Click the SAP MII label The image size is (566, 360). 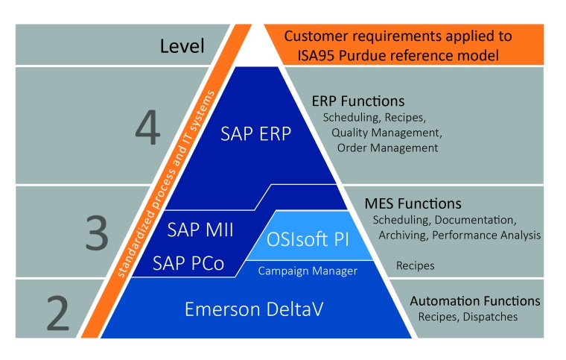pos(202,230)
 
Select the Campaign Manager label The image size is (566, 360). pos(308,271)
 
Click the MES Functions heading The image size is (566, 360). pos(413,203)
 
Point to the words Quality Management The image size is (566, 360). pos(387,133)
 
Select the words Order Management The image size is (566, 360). pos(387,148)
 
